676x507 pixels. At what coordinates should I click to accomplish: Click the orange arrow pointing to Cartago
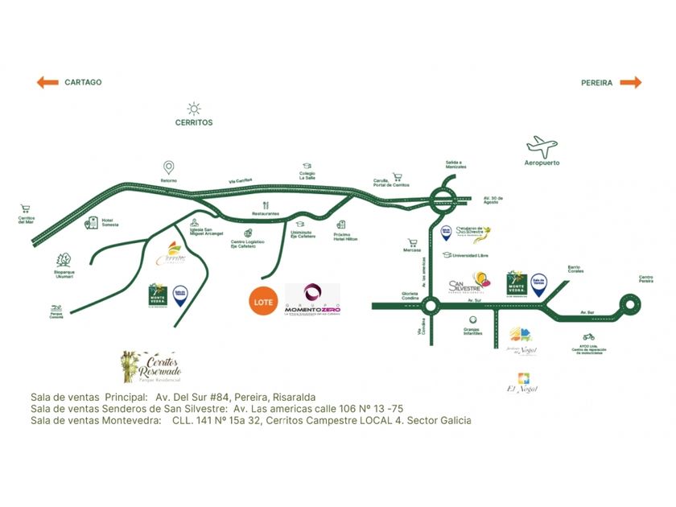pos(47,82)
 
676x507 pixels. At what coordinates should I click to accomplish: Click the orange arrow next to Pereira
pos(631,82)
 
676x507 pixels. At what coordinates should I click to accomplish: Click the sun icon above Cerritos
pos(194,109)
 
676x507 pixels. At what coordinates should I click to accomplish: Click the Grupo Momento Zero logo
pos(311,302)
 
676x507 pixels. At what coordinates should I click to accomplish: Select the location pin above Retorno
pos(168,167)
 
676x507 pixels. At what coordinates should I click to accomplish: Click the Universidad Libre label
pos(472,256)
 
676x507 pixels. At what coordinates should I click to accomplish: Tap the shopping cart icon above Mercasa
pos(412,241)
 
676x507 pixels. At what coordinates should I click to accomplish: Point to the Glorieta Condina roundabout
pos(429,306)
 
